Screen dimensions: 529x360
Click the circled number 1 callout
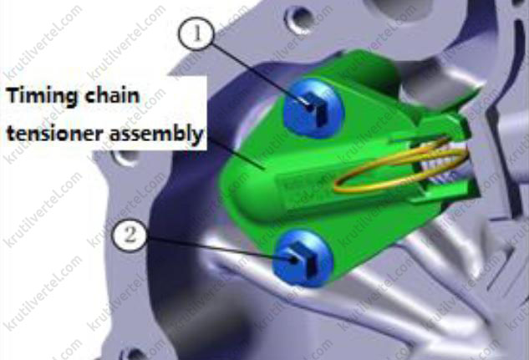pos(196,33)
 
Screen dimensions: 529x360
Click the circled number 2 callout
pos(130,235)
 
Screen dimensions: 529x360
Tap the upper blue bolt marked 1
pos(313,109)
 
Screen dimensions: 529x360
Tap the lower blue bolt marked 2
pos(303,258)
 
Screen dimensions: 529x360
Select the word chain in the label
pos(112,95)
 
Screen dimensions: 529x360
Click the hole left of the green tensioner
pos(125,157)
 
